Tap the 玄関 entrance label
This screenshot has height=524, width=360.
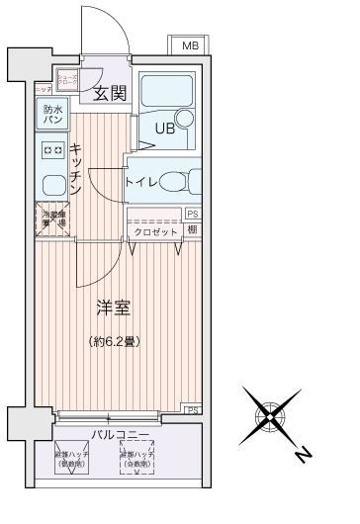109,95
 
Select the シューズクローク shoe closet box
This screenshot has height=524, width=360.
67,81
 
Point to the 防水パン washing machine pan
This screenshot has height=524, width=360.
52,116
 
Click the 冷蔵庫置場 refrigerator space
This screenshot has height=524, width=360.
52,218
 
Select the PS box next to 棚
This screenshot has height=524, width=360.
191,213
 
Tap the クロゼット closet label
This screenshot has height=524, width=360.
156,231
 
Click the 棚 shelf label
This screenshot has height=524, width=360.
191,230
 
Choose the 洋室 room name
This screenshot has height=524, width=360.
111,308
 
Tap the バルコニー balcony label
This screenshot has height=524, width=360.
121,434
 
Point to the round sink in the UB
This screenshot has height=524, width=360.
185,120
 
